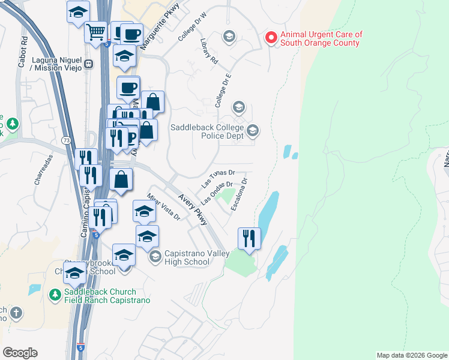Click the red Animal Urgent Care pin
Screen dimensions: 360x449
click(x=271, y=38)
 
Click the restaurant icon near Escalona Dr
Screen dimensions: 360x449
click(x=248, y=239)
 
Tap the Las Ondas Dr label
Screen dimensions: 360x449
click(x=217, y=193)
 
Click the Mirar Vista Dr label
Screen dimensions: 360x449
click(x=163, y=207)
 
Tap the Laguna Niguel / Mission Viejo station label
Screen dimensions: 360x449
click(x=44, y=64)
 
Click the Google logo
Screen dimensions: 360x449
click(x=20, y=353)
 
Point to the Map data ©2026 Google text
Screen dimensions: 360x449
click(x=411, y=355)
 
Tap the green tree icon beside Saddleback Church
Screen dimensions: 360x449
click(x=54, y=295)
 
